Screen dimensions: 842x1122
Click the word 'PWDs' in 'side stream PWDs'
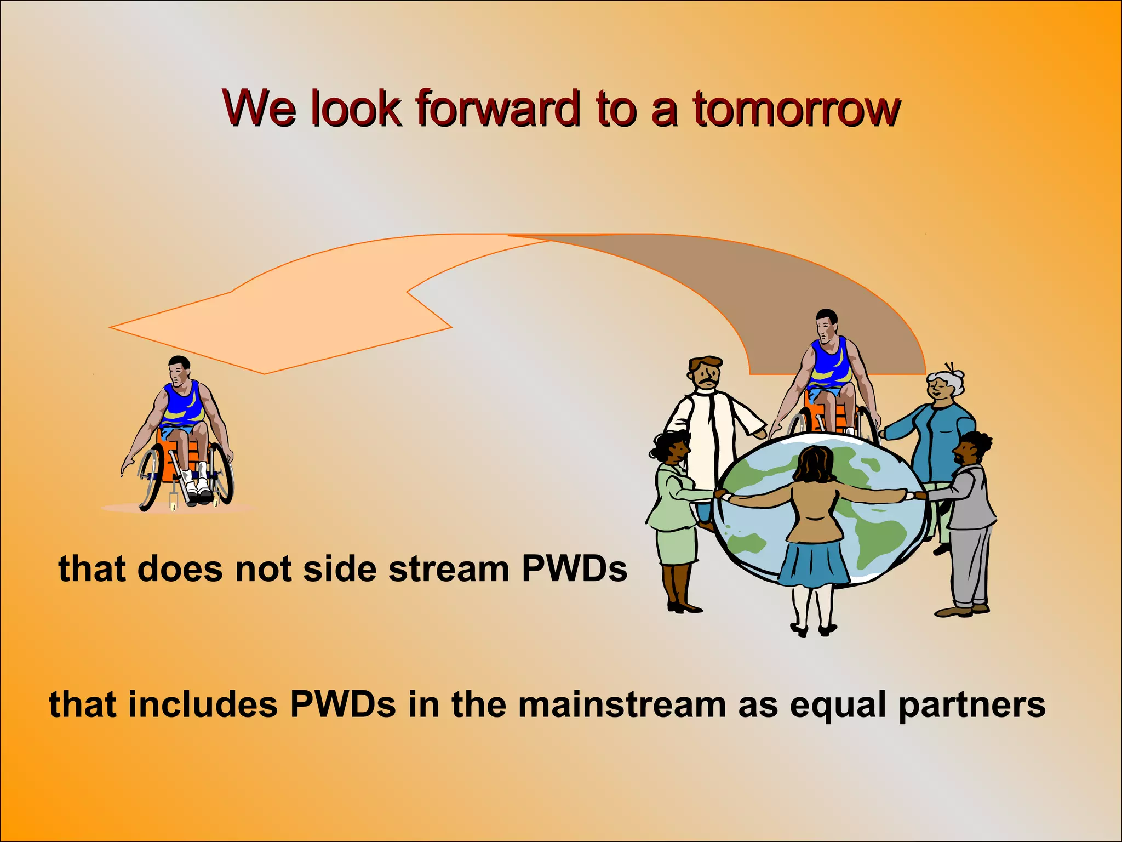point(574,569)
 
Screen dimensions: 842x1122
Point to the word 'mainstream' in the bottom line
point(622,704)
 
